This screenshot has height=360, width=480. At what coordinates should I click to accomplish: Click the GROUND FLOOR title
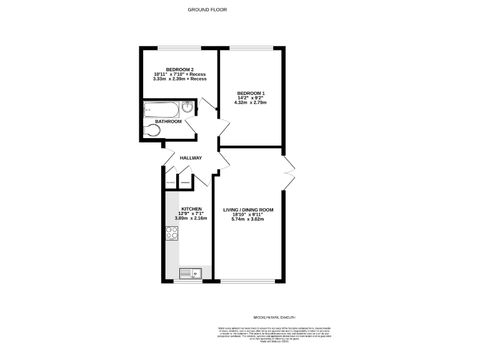pyautogui.click(x=207, y=10)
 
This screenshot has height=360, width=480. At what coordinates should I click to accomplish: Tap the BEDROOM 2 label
pyautogui.click(x=179, y=69)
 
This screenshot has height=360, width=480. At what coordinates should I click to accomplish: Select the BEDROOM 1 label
pyautogui.click(x=250, y=93)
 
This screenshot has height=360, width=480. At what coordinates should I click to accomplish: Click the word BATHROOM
pyautogui.click(x=168, y=121)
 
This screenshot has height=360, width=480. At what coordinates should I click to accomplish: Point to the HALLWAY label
pyautogui.click(x=191, y=158)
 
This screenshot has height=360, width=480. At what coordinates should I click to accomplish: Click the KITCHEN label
pyautogui.click(x=192, y=208)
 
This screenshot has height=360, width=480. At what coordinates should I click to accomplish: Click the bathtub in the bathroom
pyautogui.click(x=161, y=110)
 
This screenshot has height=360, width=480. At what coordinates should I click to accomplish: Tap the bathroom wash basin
pyautogui.click(x=187, y=108)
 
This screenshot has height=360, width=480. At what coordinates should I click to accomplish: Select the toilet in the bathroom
pyautogui.click(x=151, y=131)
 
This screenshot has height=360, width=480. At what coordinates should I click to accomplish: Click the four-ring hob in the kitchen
pyautogui.click(x=172, y=233)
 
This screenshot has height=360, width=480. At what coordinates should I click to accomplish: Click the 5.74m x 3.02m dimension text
pyautogui.click(x=248, y=220)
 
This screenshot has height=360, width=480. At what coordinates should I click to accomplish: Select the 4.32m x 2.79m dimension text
pyautogui.click(x=250, y=103)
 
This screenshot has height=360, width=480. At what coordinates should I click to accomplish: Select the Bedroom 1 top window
pyautogui.click(x=251, y=48)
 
